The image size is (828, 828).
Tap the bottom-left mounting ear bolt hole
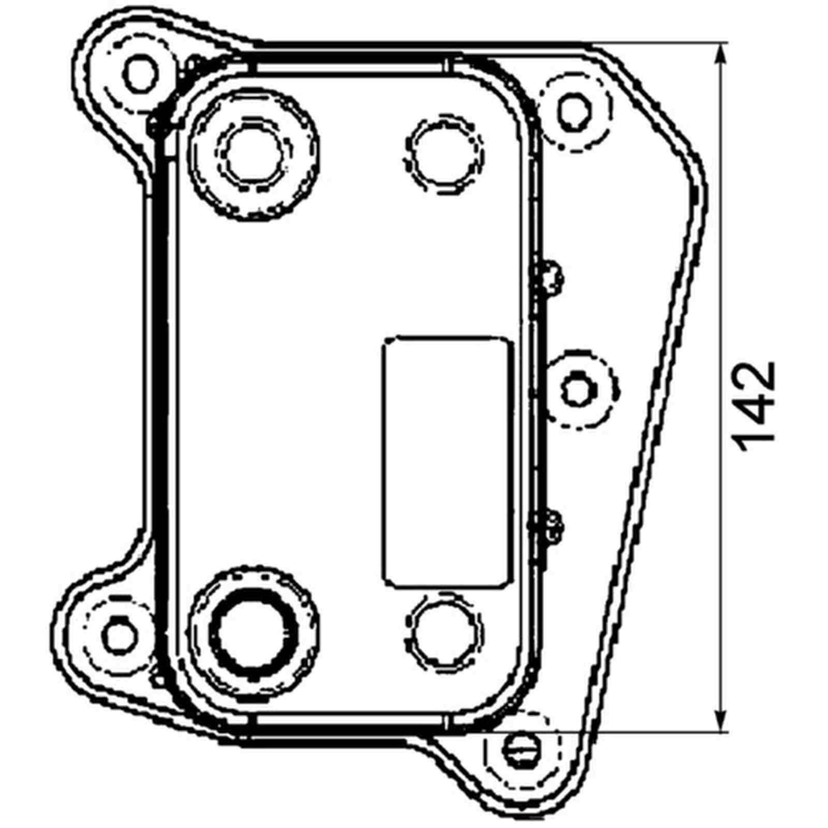point(120,635)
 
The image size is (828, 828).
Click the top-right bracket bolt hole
point(572,112)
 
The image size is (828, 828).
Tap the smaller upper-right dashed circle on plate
point(444,154)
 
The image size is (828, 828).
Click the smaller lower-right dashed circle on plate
point(444,632)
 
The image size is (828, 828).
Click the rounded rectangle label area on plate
point(446,462)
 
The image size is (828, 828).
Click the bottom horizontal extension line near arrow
point(673,732)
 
